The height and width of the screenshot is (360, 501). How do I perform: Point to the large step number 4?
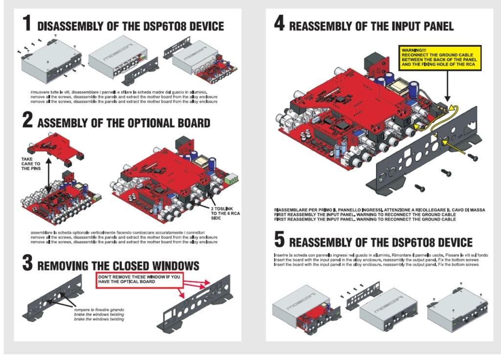pyautogui.click(x=279, y=23)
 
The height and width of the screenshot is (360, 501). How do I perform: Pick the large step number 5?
pyautogui.click(x=279, y=240)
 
